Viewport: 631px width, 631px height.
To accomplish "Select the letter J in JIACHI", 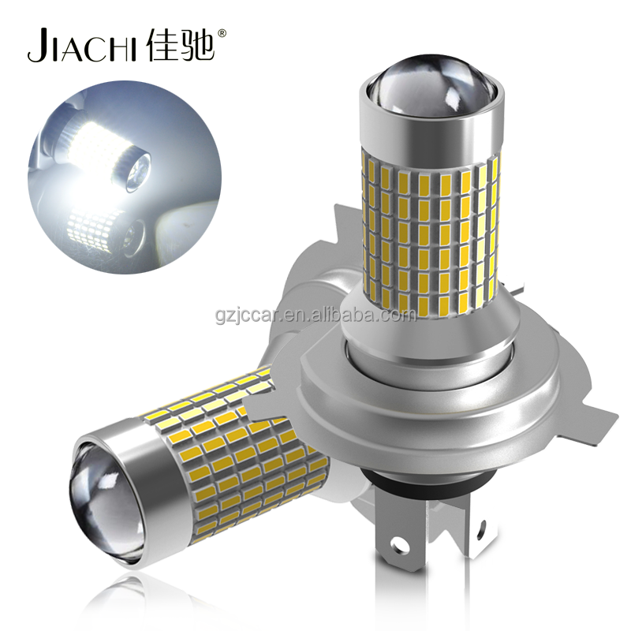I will click(35, 47).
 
